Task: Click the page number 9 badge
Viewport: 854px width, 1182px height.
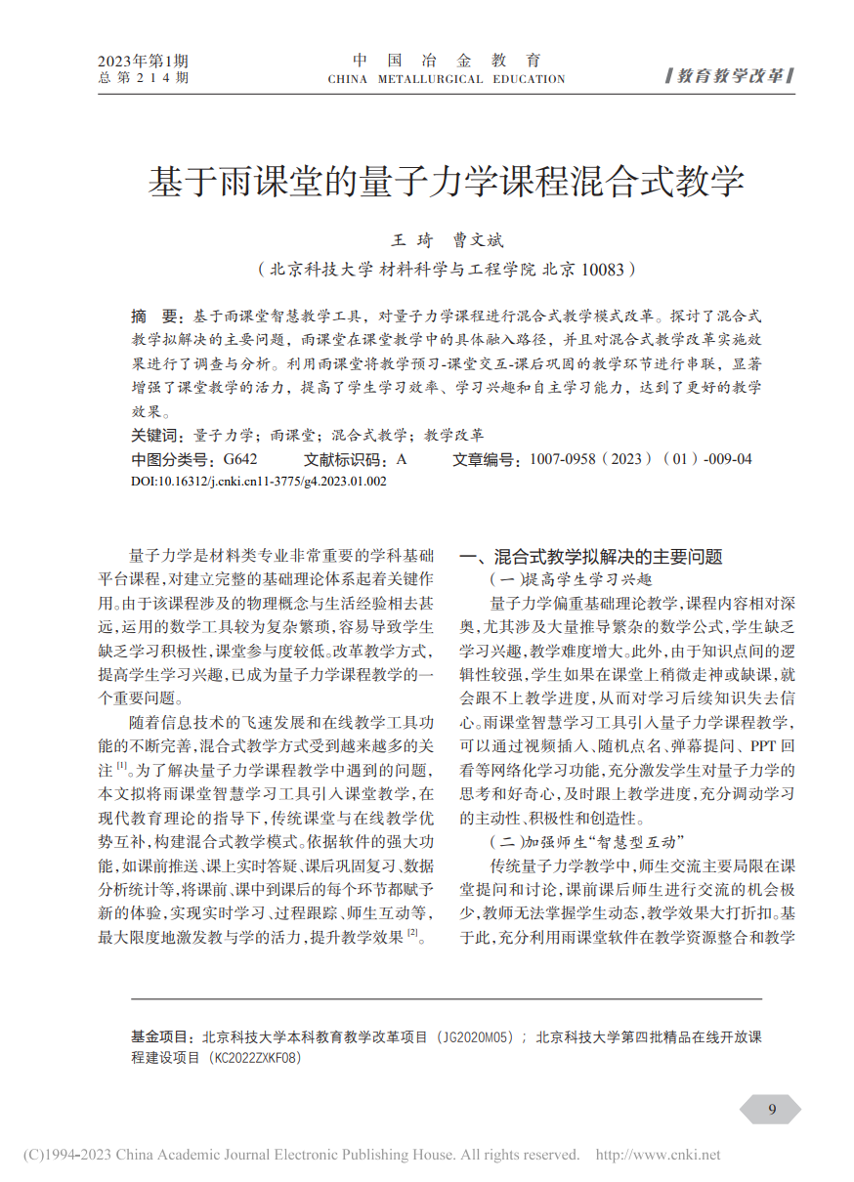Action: [x=772, y=1109]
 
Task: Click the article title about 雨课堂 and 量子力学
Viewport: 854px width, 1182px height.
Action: [x=446, y=183]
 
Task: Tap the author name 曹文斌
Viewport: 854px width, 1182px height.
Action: [x=477, y=239]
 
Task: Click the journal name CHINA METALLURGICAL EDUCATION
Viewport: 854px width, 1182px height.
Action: [x=447, y=79]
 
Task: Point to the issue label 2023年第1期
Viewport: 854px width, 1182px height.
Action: [x=144, y=61]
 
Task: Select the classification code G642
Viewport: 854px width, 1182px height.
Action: [x=240, y=458]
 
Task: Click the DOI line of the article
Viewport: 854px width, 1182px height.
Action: [x=259, y=482]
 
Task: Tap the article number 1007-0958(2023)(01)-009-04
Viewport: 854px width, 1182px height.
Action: [x=641, y=458]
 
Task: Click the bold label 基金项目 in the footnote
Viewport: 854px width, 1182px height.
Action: [x=161, y=1037]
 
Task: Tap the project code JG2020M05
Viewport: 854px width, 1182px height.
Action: [x=474, y=1037]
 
